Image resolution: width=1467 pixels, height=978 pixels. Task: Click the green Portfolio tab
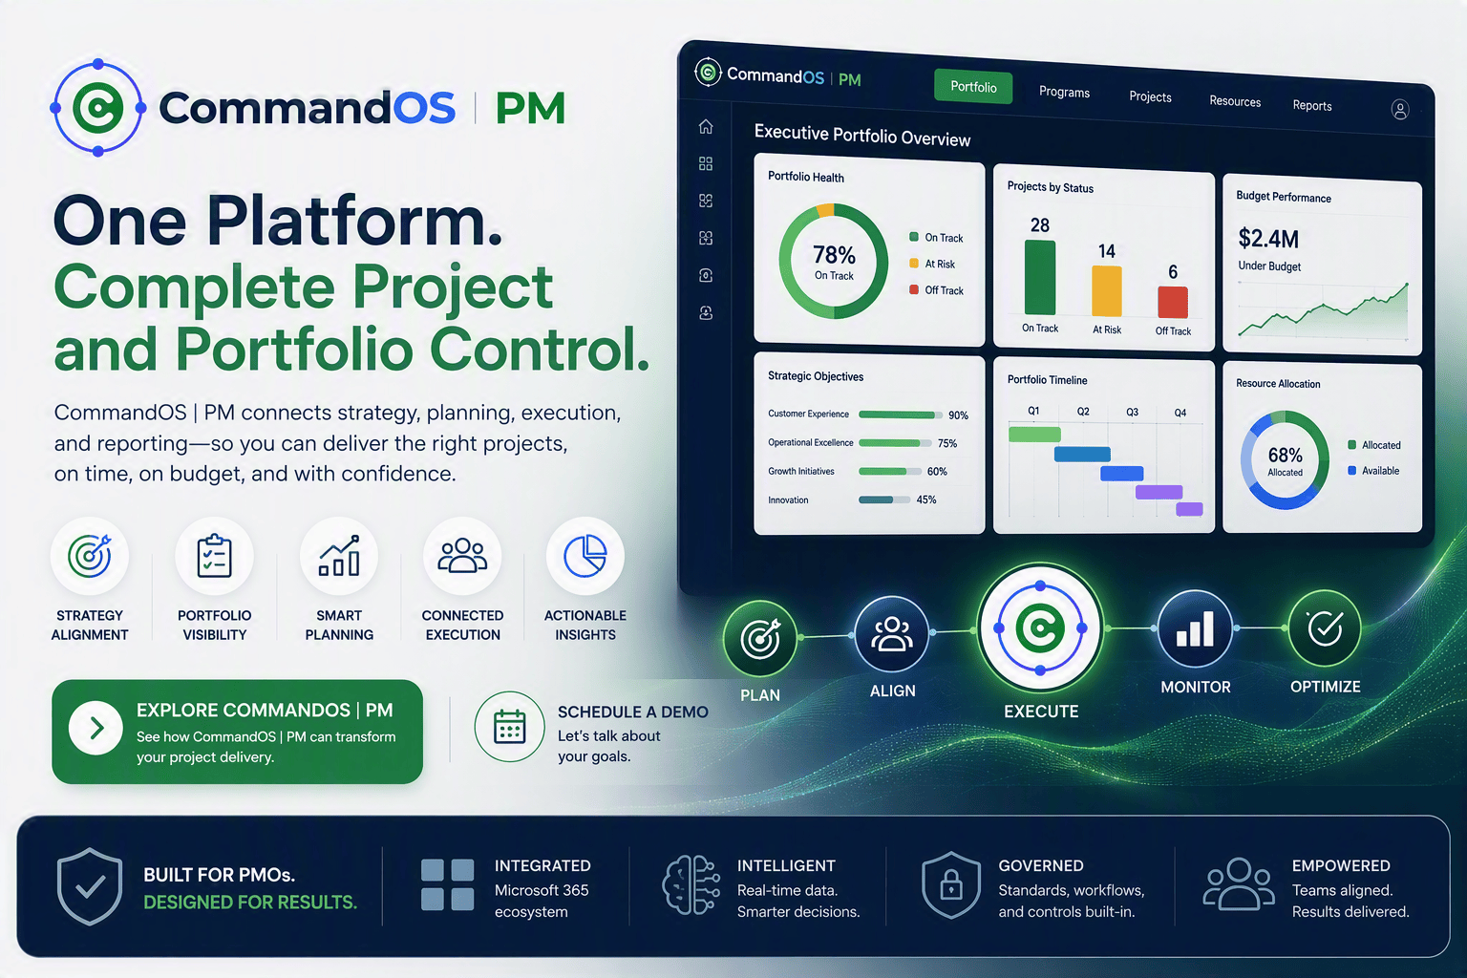[973, 87]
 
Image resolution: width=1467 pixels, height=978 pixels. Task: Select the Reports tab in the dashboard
[1311, 105]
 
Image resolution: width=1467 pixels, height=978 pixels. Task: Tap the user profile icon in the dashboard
[1399, 110]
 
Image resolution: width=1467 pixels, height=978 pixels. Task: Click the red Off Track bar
[1172, 302]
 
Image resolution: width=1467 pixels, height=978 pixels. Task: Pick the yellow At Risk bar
[1107, 291]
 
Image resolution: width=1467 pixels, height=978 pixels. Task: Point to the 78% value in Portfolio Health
[834, 254]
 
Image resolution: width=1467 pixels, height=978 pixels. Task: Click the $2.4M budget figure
[1268, 239]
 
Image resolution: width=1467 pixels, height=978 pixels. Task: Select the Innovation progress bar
[884, 500]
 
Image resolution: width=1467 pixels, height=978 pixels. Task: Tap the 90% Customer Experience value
[958, 415]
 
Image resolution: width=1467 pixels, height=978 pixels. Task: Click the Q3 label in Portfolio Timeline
[1132, 412]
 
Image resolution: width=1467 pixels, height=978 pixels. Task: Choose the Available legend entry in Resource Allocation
[1373, 470]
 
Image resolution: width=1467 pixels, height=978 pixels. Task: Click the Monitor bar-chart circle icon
[1195, 628]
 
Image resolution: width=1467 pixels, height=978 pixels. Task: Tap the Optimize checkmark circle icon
[1325, 628]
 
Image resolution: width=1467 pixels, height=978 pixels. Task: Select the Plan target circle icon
[759, 638]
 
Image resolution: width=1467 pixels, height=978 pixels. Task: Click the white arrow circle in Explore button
[96, 728]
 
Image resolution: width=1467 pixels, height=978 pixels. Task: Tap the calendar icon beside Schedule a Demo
[509, 727]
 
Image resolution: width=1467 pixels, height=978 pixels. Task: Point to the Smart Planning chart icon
[339, 556]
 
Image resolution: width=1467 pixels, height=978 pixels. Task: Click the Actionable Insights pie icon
[585, 556]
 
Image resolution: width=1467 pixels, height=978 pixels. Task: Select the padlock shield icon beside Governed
[951, 885]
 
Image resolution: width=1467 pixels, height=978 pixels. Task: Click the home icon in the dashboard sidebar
[706, 126]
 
